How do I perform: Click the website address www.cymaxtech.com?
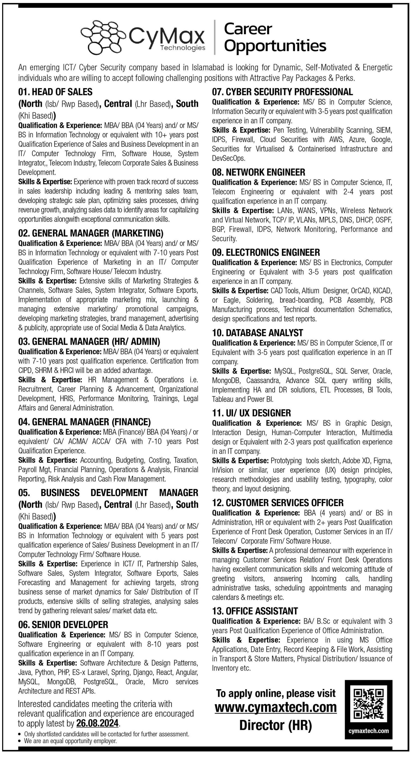(276, 707)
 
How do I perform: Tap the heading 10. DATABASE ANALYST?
(257, 333)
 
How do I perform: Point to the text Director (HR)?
(275, 725)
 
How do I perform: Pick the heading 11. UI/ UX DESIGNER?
(251, 413)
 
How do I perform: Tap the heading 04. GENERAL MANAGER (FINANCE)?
(84, 422)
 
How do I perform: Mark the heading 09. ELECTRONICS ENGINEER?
(266, 252)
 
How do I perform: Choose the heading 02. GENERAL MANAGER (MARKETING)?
(91, 233)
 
